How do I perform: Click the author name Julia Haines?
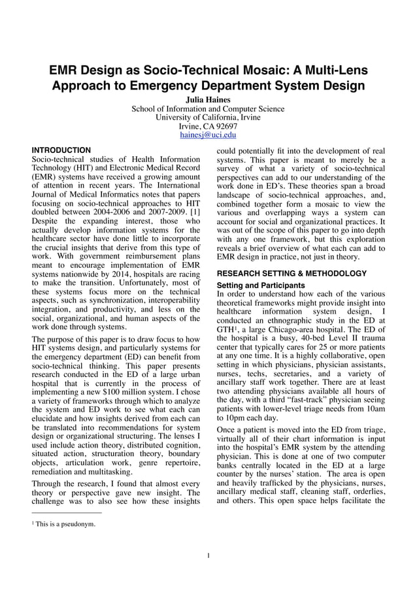tap(208, 99)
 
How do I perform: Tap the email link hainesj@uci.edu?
tap(208, 135)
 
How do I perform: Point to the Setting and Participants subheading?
tap(260, 286)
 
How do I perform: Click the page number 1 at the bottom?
tap(208, 556)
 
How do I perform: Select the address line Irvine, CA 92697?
tap(208, 126)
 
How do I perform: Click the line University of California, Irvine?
tap(208, 118)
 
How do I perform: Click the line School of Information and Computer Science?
tap(208, 108)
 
